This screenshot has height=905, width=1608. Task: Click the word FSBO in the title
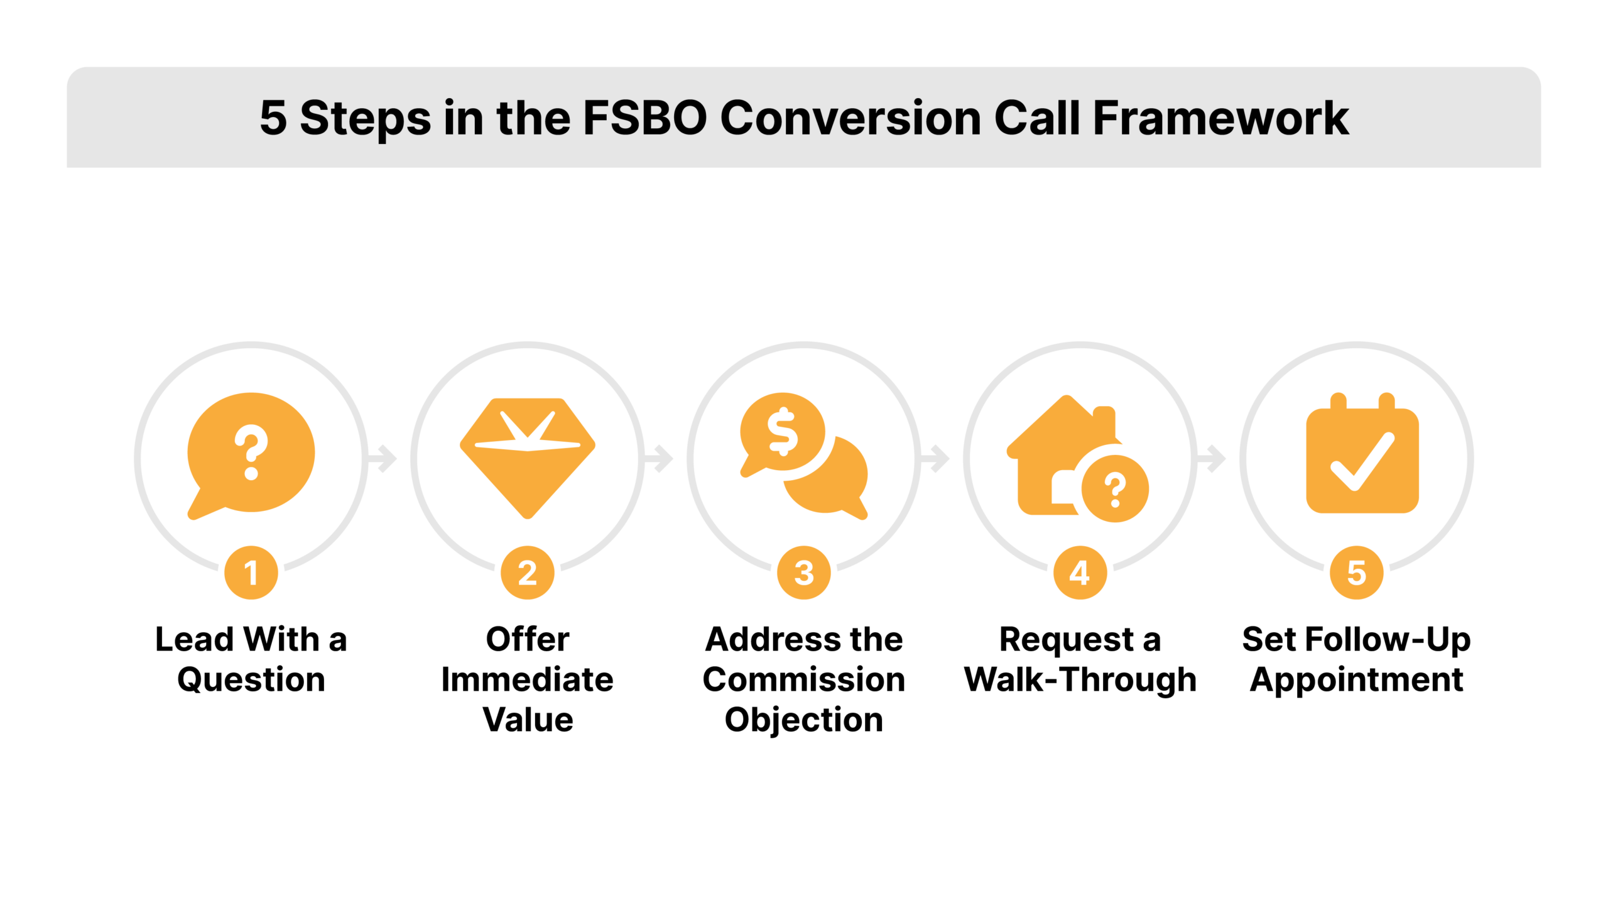[644, 118]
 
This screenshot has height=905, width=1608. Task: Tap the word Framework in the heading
[1220, 118]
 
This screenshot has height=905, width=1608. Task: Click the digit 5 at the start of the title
[273, 118]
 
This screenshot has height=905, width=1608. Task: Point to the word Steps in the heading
[366, 118]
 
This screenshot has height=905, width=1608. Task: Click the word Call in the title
[1036, 118]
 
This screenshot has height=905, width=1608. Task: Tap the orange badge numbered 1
[251, 573]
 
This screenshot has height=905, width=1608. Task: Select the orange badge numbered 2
[528, 573]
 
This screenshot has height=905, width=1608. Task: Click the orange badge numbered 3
[804, 573]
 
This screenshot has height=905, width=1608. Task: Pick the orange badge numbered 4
[1080, 573]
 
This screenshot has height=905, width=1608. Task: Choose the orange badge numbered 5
[1356, 573]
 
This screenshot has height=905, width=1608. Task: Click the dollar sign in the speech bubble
[783, 431]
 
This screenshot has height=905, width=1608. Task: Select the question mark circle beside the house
[1115, 489]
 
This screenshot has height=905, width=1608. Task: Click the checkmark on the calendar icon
[1362, 462]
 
